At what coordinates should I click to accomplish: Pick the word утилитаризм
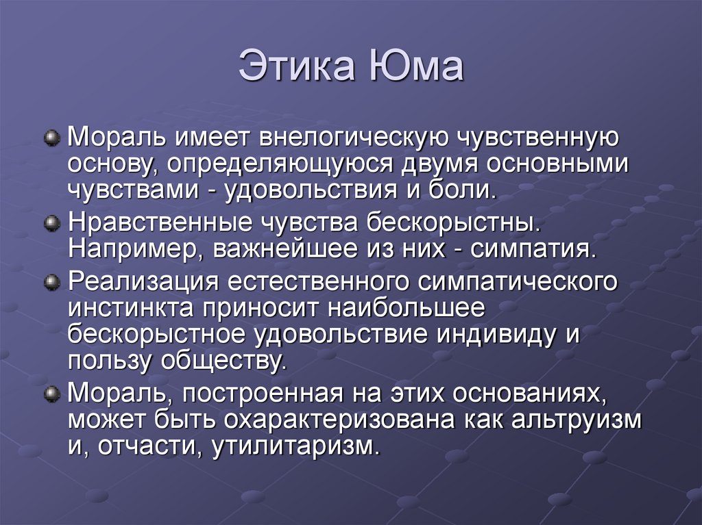coord(295,446)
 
